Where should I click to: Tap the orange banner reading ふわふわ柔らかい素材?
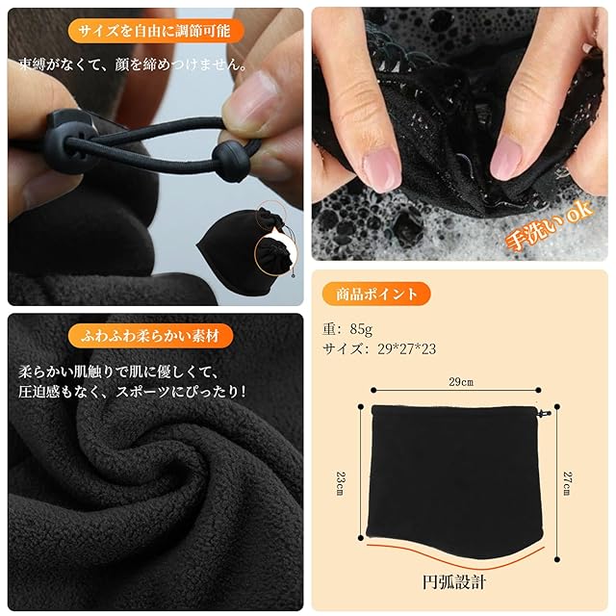pos(150,336)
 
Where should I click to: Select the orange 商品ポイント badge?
pos(376,294)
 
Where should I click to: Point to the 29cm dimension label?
pos(461,382)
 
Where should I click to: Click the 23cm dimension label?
pos(340,483)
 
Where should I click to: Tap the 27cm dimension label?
pos(567,483)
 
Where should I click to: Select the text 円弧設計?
pos(454,582)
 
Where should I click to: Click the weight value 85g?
pos(361,329)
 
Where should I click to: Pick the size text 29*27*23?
pos(406,348)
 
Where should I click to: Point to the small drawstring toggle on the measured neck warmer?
pos(544,413)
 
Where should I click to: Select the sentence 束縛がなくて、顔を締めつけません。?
pos(133,64)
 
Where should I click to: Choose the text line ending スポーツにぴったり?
pos(133,392)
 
